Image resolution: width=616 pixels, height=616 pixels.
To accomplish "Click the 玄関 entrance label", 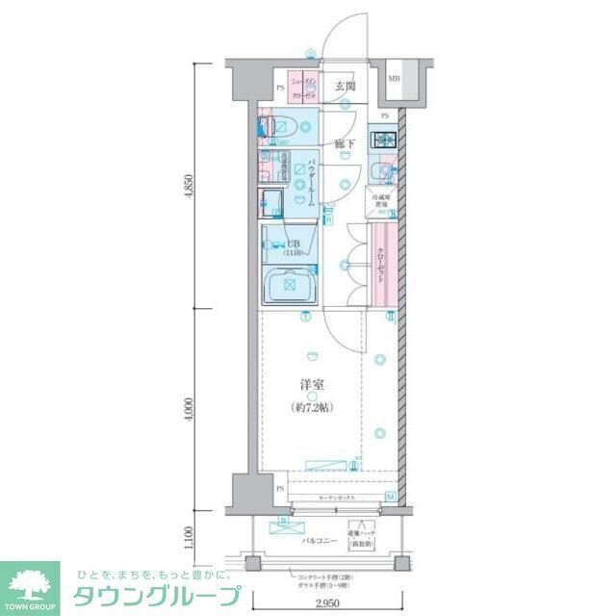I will pos(345,86).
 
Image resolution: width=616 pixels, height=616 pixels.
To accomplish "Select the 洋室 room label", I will pos(310,385).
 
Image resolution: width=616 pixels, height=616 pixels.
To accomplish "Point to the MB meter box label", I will pos(395,79).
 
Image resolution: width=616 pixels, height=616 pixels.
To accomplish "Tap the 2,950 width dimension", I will pos(328,603).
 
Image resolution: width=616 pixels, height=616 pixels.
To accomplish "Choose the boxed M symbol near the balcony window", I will pos(391,497).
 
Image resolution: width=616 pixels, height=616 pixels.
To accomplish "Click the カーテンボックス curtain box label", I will pos(336,498).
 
